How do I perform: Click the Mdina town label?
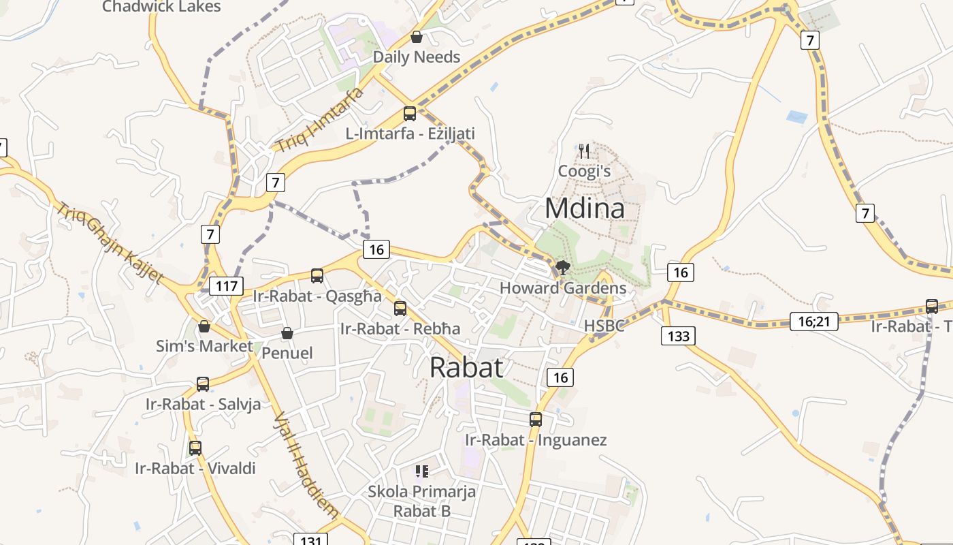click(585, 208)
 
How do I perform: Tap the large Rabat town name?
click(467, 367)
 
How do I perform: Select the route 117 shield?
click(226, 285)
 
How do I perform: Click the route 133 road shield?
click(679, 335)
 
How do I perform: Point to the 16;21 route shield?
click(813, 321)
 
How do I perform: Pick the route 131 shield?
click(310, 540)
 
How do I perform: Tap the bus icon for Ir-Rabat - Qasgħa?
click(317, 276)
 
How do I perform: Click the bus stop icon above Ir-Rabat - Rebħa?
click(400, 309)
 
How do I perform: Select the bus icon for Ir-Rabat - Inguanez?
click(536, 420)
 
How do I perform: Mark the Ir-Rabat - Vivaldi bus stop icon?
click(195, 448)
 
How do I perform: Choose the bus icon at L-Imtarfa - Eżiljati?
click(410, 114)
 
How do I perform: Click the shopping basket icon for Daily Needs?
click(417, 37)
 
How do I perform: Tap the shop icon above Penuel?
click(287, 333)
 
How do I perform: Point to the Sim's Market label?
click(204, 346)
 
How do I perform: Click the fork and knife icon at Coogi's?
click(584, 150)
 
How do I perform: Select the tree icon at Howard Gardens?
click(562, 267)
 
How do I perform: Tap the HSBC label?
click(604, 326)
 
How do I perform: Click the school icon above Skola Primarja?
click(422, 471)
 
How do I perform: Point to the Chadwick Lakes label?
click(161, 7)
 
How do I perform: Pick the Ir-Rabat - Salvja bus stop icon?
click(203, 384)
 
